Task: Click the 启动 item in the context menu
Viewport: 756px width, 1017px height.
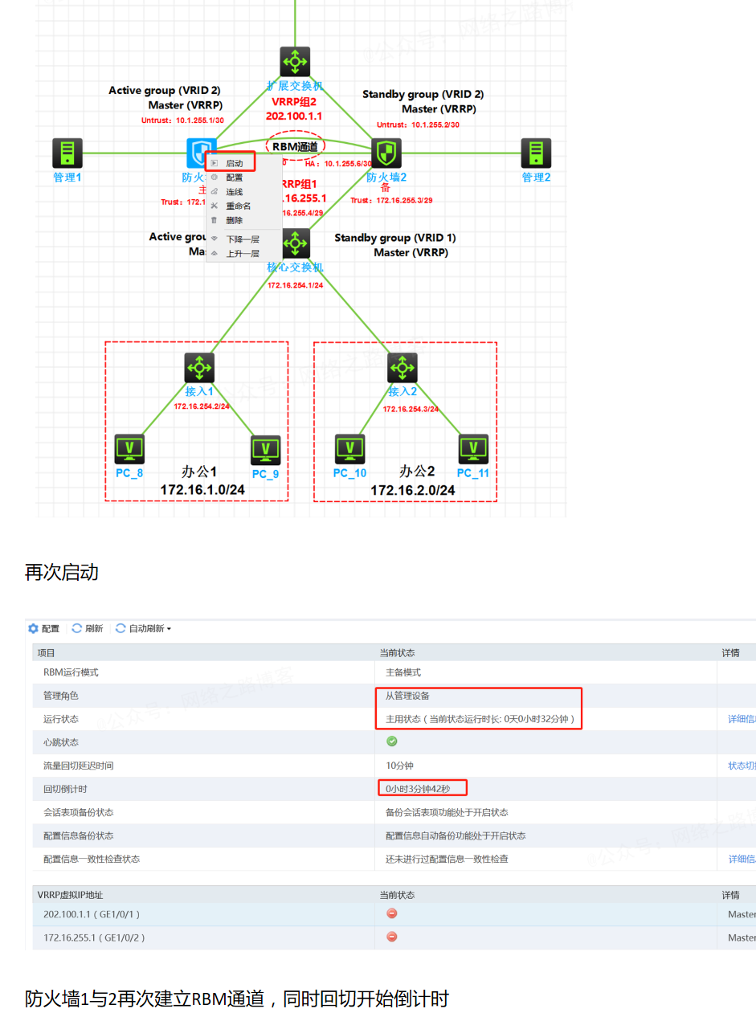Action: pos(234,163)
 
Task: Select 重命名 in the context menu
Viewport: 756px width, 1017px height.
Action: pos(238,206)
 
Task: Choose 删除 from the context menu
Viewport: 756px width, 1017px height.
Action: pos(234,220)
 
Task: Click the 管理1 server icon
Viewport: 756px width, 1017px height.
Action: pos(67,153)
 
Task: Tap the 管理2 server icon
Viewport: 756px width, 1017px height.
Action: pos(536,153)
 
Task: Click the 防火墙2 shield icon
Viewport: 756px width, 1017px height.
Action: pos(386,153)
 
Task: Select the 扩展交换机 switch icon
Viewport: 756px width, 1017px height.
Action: pos(295,62)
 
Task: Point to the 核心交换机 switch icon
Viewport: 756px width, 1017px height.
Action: pos(296,243)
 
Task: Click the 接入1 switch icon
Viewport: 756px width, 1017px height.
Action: pos(199,368)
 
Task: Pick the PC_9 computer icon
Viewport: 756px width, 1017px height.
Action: pos(265,451)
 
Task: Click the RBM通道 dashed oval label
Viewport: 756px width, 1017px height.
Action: pos(296,146)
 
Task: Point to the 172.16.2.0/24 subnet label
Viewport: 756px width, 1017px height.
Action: pos(413,490)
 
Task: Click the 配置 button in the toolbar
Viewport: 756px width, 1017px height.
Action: pos(44,628)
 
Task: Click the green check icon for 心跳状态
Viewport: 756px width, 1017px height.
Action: pos(392,741)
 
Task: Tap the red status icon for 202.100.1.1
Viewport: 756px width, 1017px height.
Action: pos(392,913)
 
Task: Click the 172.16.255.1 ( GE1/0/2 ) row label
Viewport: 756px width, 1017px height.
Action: pos(94,937)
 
